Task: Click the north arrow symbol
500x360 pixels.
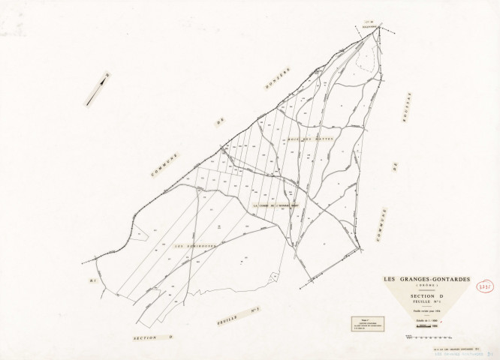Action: [95, 88]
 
